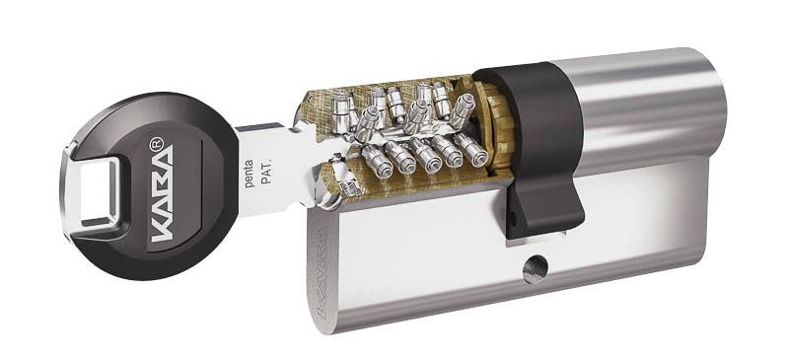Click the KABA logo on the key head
pyautogui.click(x=163, y=193)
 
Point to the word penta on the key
pyautogui.click(x=249, y=174)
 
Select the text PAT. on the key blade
pyautogui.click(x=266, y=174)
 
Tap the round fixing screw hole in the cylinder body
pyautogui.click(x=536, y=269)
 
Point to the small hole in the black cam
pyautogui.click(x=512, y=218)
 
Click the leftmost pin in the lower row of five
pyautogui.click(x=377, y=162)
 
